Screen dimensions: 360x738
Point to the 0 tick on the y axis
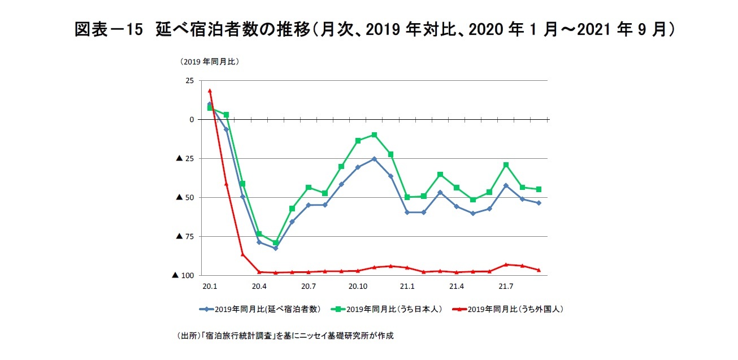[192, 120]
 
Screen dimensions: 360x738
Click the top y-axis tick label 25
[189, 81]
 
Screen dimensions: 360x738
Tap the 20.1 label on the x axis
[210, 287]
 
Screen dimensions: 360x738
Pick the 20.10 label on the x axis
[358, 287]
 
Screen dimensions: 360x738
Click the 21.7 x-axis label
[506, 287]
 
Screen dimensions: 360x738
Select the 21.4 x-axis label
[457, 287]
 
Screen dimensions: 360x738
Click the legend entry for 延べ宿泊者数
[261, 309]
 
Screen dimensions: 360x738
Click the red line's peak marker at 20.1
[210, 90]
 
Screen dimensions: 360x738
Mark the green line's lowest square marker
[276, 243]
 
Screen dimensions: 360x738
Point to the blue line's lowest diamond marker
[276, 248]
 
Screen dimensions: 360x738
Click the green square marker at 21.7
[506, 165]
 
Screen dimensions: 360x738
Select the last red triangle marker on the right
[539, 270]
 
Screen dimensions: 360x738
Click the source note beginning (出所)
[285, 336]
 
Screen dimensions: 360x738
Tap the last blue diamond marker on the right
[539, 203]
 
